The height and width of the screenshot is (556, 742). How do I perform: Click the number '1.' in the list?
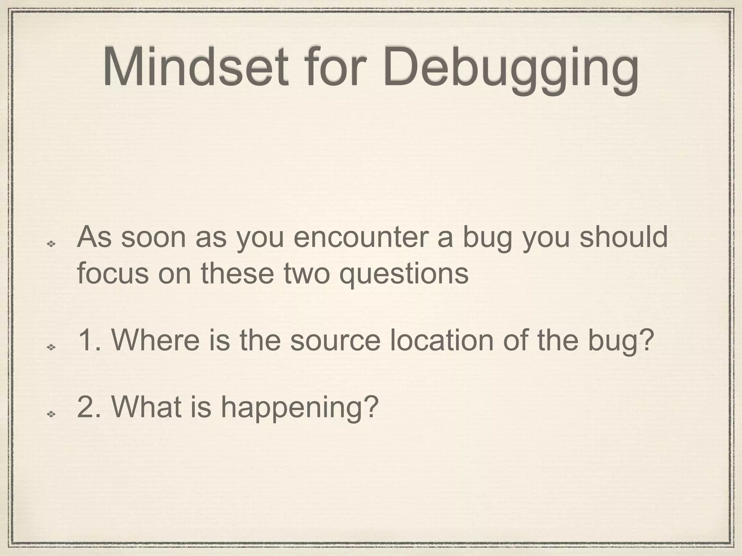(89, 340)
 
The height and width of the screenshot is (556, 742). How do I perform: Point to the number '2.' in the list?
(89, 406)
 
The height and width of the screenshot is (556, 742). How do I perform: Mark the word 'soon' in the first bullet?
(154, 237)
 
